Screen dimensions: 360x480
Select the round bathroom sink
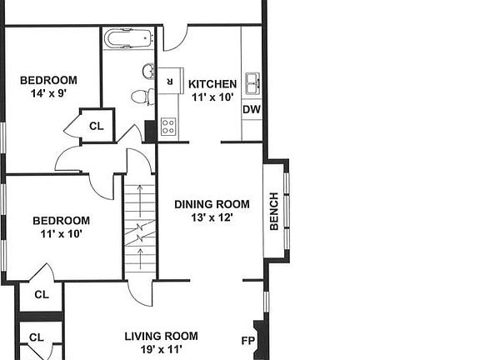click(148, 72)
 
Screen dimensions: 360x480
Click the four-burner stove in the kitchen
click(168, 127)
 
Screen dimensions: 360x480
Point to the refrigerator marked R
click(170, 81)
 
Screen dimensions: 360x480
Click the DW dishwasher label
click(251, 110)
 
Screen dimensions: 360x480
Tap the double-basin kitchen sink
click(252, 82)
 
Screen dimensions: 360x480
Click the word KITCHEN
click(212, 84)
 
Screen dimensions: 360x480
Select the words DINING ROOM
click(212, 204)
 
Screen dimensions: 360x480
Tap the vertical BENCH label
click(274, 212)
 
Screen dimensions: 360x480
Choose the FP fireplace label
click(247, 341)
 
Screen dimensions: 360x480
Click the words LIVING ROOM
click(162, 337)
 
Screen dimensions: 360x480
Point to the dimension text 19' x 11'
click(162, 350)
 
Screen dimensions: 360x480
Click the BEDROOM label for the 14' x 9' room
click(48, 80)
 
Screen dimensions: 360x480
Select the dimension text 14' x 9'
click(48, 93)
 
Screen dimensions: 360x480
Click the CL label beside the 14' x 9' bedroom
click(96, 126)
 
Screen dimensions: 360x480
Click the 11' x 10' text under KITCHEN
click(212, 97)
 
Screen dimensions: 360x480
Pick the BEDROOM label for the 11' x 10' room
click(61, 221)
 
